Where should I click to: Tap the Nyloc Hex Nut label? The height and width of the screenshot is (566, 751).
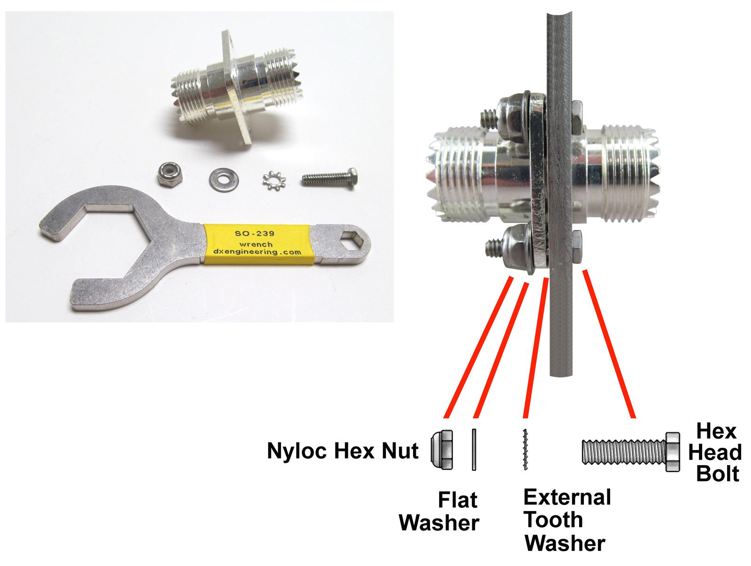[x=342, y=451]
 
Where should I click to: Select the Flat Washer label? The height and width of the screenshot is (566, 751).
[x=439, y=511]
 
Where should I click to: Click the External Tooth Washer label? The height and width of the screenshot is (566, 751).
[x=567, y=520]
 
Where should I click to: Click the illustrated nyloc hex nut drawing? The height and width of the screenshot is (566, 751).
[x=442, y=450]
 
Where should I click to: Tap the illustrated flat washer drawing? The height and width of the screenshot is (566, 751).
[x=474, y=450]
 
